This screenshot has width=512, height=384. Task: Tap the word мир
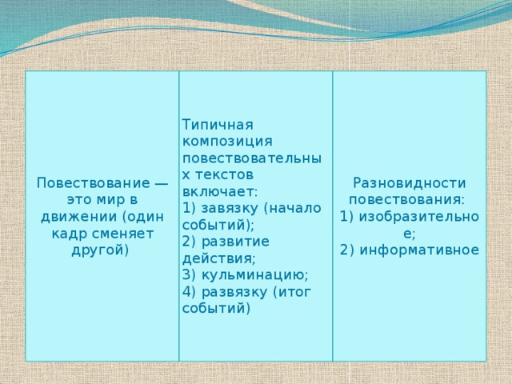point(107,199)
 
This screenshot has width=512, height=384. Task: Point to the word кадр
point(69,233)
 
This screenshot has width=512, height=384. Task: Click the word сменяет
point(122,233)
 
